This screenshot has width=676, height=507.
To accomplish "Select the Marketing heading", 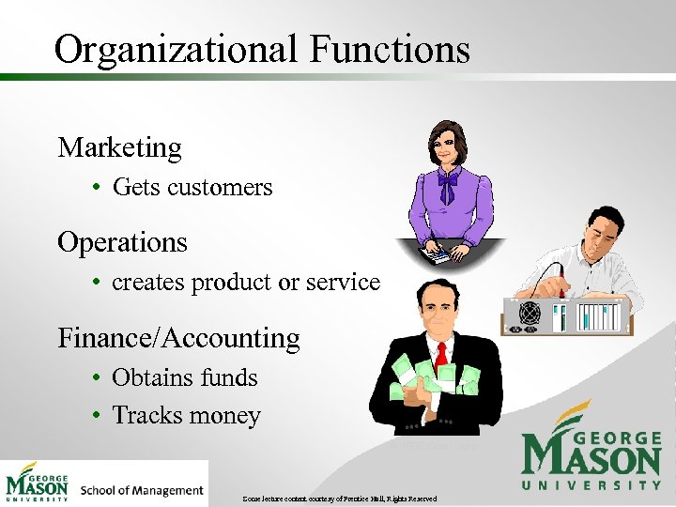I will [119, 147].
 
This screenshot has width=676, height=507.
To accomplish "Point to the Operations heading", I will [122, 242].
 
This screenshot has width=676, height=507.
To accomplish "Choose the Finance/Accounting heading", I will [178, 338].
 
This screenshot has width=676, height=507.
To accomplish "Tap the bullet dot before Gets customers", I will [97, 188].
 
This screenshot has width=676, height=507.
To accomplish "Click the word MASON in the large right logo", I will [591, 459].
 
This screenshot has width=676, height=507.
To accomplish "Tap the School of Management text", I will [142, 490].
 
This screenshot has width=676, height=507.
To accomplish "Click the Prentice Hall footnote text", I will [338, 497].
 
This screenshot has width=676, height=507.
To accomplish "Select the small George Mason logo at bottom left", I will [38, 483].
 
